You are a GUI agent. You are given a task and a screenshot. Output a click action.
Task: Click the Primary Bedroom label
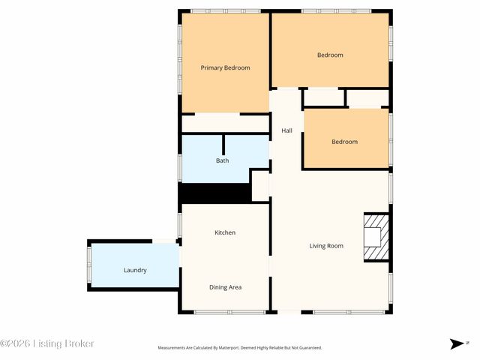click(225, 68)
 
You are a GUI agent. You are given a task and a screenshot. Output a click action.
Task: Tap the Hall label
click(286, 130)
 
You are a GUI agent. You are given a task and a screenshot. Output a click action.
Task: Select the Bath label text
click(223, 160)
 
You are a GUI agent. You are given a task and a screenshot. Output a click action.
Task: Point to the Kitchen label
click(225, 232)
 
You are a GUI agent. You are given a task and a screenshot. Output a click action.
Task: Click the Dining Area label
click(225, 287)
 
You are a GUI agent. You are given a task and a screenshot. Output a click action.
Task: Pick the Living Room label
click(326, 246)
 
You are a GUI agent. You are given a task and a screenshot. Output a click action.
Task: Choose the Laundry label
click(135, 270)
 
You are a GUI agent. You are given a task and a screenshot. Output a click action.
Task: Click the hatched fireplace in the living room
click(376, 237)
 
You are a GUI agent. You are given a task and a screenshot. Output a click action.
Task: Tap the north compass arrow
click(457, 343)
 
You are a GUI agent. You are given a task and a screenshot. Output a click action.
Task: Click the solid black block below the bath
click(215, 193)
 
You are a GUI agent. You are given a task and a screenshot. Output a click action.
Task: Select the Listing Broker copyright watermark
click(46, 343)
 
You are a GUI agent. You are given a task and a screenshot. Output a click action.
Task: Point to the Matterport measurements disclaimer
click(240, 348)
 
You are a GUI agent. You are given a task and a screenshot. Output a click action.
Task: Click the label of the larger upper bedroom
click(330, 55)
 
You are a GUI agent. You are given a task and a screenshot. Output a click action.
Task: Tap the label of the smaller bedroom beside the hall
click(345, 142)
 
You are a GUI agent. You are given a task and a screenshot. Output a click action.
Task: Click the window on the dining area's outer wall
click(230, 312)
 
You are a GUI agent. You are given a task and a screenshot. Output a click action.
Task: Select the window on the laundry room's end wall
click(89, 265)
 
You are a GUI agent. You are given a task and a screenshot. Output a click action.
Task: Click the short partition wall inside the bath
click(223, 145)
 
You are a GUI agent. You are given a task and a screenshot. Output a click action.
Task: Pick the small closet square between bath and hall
click(260, 186)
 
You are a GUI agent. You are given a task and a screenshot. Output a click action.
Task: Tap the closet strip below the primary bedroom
click(226, 124)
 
